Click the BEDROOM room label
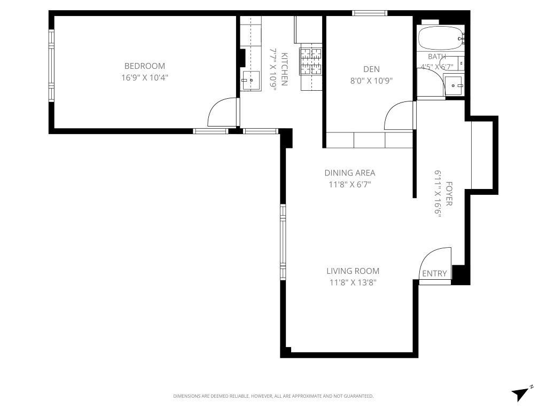(144, 66)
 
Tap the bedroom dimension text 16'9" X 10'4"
(144, 77)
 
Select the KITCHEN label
(285, 69)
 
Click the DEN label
(371, 69)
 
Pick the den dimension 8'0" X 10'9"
(371, 81)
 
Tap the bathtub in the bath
(440, 38)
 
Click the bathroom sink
(454, 85)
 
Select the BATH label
(437, 57)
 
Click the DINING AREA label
(350, 173)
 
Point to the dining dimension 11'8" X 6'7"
(350, 185)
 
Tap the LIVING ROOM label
(353, 271)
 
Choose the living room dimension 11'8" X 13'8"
(353, 283)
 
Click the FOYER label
(449, 194)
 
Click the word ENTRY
(434, 274)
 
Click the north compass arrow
(521, 393)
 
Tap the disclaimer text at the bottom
(273, 396)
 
